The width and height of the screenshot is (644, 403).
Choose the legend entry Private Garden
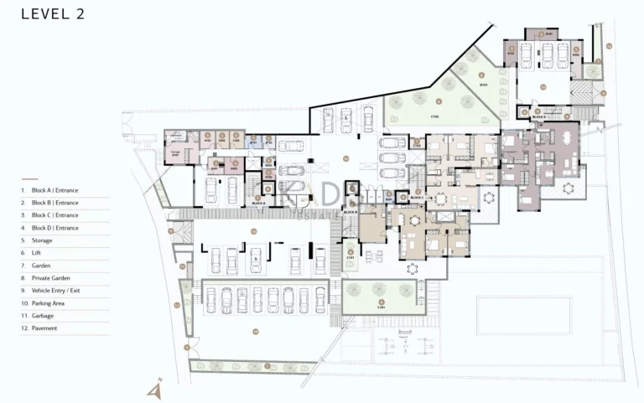(50, 278)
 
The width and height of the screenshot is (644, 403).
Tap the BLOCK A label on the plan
(258, 204)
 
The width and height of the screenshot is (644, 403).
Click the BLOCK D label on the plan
(538, 118)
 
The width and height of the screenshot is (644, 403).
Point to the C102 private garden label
(436, 116)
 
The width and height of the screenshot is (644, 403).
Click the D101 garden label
(483, 85)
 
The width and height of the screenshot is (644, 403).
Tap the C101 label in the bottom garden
(381, 307)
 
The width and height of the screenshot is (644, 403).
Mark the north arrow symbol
(154, 390)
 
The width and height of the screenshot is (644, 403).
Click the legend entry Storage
(41, 240)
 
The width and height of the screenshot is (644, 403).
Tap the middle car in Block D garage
(546, 55)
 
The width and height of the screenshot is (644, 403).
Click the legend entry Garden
(41, 266)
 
